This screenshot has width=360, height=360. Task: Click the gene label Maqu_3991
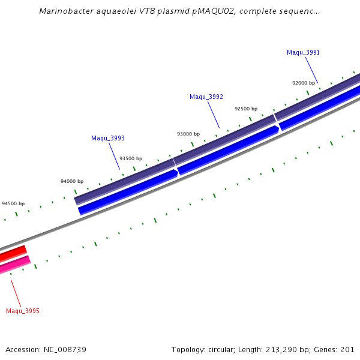[x=303, y=53]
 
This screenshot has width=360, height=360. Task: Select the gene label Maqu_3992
[x=206, y=97]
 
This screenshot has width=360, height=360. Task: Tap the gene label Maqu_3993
[x=108, y=138]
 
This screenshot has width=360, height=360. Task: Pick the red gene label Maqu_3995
[x=23, y=311]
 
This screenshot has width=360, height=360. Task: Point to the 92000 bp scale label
[x=304, y=83]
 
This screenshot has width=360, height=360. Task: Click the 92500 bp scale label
[x=246, y=109]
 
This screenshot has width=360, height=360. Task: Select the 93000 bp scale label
[x=188, y=134]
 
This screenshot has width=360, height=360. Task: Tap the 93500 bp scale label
[x=131, y=158]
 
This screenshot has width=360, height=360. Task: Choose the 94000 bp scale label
[x=72, y=181]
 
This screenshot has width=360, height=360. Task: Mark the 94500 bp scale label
[x=13, y=203]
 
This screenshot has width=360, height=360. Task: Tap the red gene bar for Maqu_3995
[x=12, y=254]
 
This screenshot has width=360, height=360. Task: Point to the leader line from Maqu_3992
[x=213, y=115]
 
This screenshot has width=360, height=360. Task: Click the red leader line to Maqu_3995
[x=16, y=293]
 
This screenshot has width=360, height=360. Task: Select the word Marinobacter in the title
[x=65, y=11]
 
